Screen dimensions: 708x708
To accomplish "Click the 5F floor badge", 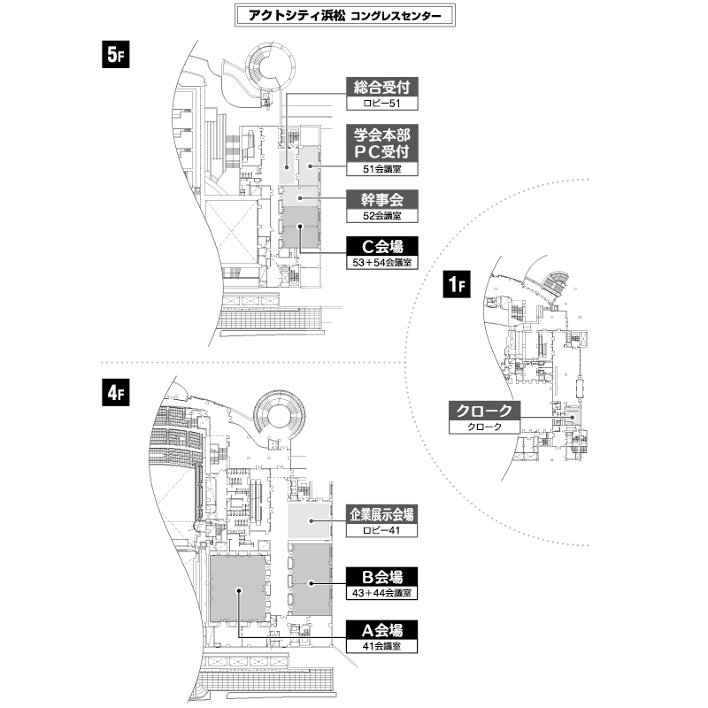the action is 116,54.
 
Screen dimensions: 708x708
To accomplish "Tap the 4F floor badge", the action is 116,392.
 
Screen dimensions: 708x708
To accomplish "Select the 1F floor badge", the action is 457,284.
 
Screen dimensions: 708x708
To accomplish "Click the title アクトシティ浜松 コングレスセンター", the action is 345,16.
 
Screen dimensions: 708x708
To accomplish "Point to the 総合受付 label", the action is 382,87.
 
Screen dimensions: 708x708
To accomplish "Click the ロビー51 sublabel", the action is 382,104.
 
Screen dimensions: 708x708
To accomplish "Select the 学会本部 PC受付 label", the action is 382,143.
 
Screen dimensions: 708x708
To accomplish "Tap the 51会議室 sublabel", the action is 382,169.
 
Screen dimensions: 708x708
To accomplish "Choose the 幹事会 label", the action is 382,199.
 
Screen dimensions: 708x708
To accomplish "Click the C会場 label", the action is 382,246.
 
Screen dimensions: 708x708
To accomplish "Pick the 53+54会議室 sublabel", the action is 382,263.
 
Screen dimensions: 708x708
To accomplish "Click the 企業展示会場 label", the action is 381,514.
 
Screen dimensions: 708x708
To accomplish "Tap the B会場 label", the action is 381,577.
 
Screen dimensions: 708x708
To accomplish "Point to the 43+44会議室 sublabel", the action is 381,593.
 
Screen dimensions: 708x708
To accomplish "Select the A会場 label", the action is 381,629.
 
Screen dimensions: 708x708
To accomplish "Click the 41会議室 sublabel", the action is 381,646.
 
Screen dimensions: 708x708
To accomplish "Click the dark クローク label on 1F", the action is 484,411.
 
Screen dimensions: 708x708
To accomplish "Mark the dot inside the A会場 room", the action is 239,590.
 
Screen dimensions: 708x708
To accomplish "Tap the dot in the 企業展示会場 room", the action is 312,520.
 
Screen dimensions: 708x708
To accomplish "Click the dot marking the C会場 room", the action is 300,227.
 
